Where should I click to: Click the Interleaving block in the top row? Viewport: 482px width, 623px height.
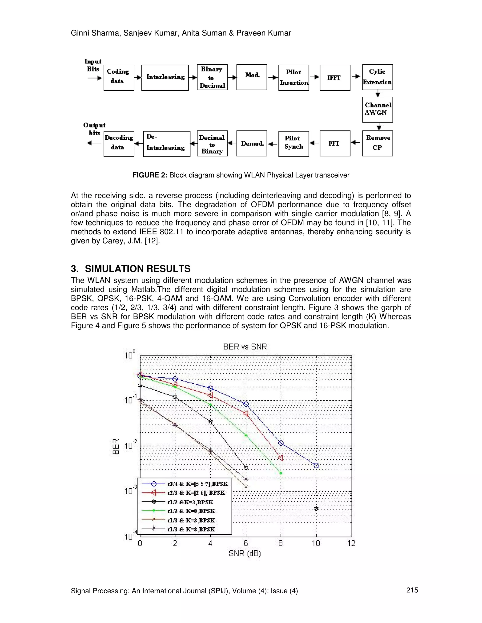165,78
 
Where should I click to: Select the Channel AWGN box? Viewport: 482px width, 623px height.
378,109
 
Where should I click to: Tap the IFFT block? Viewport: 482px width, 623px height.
335,78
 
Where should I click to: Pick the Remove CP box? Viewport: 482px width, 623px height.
378,143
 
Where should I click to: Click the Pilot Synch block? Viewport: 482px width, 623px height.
293,143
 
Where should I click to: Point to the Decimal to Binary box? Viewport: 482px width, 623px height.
212,143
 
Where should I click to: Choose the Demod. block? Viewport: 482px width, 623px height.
252,143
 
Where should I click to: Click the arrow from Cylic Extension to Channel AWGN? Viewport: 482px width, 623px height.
378,94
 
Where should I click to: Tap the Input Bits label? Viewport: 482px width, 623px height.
93,65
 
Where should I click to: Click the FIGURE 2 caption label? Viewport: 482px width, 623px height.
150,175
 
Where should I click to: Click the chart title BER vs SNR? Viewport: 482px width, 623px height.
245,347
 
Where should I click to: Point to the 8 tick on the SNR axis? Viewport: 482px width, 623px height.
280,543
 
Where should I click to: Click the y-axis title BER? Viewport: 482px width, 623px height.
116,446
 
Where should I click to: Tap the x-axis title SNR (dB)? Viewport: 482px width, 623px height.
245,554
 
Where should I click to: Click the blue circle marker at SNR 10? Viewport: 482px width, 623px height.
316,465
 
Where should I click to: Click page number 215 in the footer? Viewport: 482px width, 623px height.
412,590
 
